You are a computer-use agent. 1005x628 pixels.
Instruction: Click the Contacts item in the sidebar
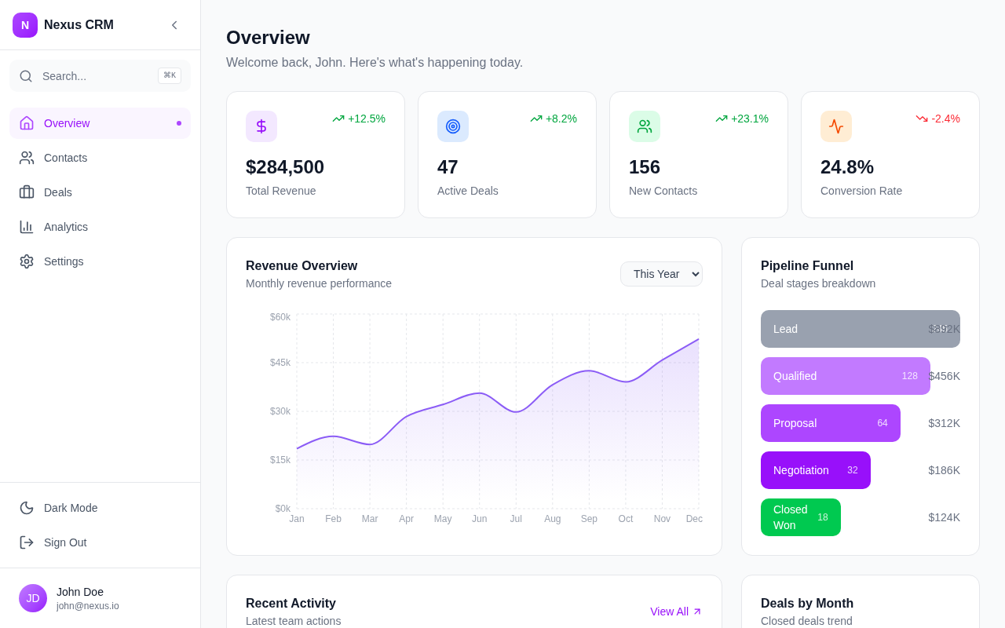(65, 158)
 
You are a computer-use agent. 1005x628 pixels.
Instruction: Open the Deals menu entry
(57, 192)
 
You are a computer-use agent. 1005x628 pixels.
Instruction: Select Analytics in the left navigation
(65, 227)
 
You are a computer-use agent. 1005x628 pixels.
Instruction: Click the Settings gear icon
(27, 261)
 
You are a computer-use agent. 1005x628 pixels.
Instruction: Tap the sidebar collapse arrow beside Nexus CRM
(174, 25)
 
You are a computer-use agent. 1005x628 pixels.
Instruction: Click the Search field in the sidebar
(94, 76)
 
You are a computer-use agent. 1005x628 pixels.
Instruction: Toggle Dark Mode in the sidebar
(71, 508)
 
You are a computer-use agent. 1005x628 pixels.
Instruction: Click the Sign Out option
(65, 542)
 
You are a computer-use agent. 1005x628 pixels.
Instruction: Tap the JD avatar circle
(33, 598)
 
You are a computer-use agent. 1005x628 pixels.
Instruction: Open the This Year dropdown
(661, 274)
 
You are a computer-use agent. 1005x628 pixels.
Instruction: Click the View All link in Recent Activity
(675, 612)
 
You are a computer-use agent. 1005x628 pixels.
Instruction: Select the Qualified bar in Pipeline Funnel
(845, 376)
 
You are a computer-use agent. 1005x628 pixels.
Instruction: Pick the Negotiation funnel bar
(815, 470)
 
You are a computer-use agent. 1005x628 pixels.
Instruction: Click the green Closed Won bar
(800, 517)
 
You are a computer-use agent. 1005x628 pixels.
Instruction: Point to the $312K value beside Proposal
(944, 423)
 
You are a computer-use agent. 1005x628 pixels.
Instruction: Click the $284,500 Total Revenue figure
(285, 167)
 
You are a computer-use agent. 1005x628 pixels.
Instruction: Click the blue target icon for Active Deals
(453, 126)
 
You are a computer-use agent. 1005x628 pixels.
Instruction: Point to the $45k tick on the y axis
(280, 363)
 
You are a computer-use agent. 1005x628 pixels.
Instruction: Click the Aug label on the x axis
(553, 519)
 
